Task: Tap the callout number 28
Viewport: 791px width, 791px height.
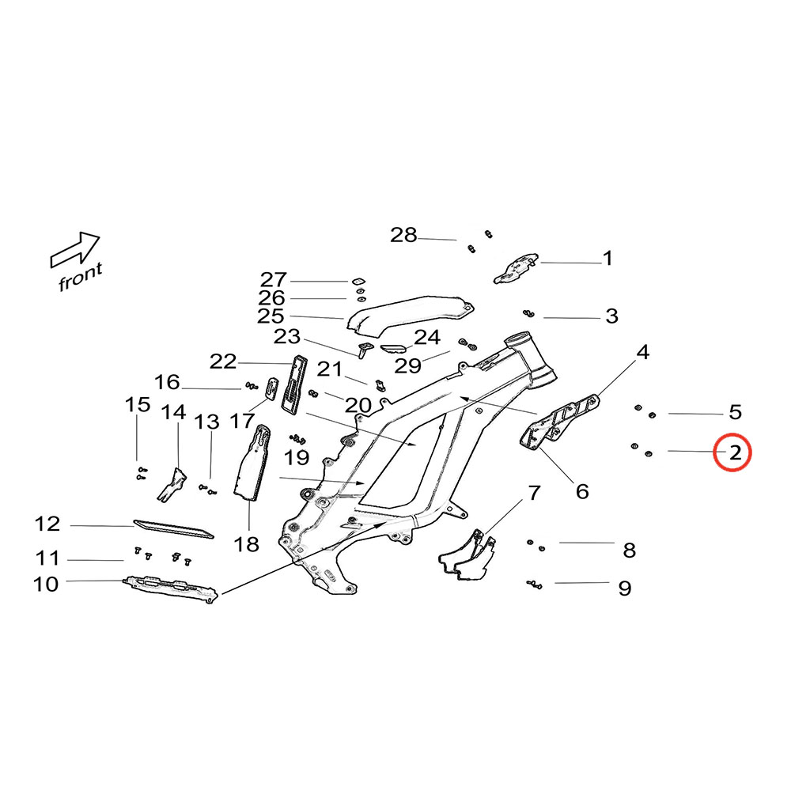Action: pyautogui.click(x=403, y=235)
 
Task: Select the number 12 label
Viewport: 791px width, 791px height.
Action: pyautogui.click(x=47, y=524)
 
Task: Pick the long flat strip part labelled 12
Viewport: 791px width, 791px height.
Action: pyautogui.click(x=174, y=528)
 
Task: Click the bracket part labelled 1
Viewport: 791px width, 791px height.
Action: pyautogui.click(x=517, y=267)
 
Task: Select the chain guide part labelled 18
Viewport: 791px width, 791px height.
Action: pyautogui.click(x=253, y=467)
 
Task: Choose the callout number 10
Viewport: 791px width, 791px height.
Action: pyautogui.click(x=47, y=585)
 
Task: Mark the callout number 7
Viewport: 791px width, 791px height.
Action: pyautogui.click(x=535, y=494)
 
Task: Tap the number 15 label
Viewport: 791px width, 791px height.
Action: pyautogui.click(x=138, y=405)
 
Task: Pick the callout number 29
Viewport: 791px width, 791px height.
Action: pyautogui.click(x=408, y=365)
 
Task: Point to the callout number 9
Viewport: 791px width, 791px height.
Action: pyautogui.click(x=624, y=589)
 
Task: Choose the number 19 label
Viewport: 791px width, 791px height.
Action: pyautogui.click(x=297, y=457)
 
